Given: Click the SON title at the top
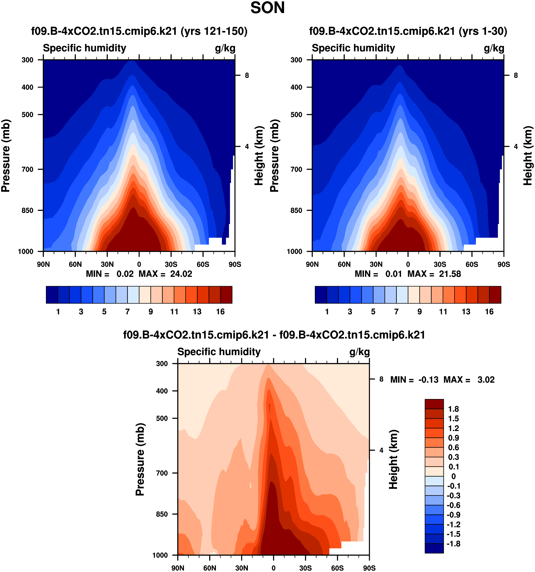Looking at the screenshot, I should [x=267, y=8].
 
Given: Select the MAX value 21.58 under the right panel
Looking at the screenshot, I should [x=450, y=274].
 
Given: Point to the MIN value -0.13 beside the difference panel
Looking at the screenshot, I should [x=428, y=380].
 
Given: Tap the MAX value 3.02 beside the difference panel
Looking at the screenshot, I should [x=486, y=380].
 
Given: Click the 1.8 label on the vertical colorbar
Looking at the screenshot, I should [x=453, y=409].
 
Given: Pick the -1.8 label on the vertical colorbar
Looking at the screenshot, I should [x=453, y=544].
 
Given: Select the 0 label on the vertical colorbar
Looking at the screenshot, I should [x=453, y=476].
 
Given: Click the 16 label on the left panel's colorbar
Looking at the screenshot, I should [x=220, y=312].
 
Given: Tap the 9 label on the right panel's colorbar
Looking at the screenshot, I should [x=420, y=312].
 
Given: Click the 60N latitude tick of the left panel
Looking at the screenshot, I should [x=75, y=264].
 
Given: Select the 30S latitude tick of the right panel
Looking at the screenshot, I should [x=440, y=264].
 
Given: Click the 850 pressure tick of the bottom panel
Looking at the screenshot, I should [x=162, y=514].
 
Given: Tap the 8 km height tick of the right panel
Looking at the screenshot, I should [x=515, y=75].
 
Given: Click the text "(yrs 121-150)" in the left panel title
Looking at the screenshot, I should [x=214, y=31].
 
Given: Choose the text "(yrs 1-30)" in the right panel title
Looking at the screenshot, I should [x=483, y=31].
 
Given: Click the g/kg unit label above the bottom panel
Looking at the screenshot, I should [x=359, y=352].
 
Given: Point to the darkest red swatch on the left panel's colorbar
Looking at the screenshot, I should [x=226, y=295].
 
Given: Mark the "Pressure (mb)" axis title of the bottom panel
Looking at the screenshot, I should [x=140, y=459].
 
